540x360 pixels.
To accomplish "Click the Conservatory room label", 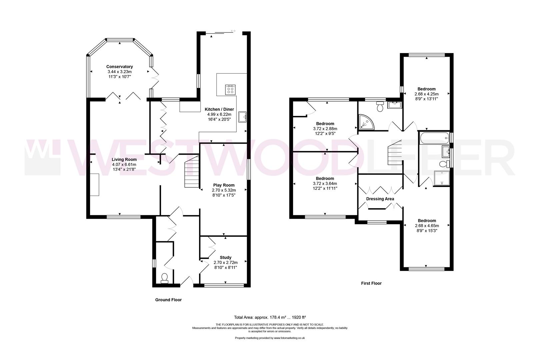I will (x=119, y=67).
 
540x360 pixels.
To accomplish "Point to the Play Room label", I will (x=224, y=185).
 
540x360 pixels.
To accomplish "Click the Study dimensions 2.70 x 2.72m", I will (x=225, y=262).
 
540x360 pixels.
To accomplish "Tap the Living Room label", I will (x=124, y=159).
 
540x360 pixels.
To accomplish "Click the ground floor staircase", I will (x=192, y=173).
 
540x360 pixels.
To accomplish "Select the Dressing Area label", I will (x=380, y=199).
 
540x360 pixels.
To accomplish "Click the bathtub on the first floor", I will (x=434, y=138).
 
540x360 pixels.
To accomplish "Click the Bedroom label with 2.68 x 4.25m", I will (x=426, y=89).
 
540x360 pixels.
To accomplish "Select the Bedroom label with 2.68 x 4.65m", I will (x=427, y=221).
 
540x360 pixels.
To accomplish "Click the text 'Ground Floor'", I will (x=168, y=300).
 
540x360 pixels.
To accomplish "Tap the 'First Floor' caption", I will (x=371, y=283).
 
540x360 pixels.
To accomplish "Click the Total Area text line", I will (x=270, y=317).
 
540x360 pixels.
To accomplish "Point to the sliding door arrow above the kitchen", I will (x=233, y=31).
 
